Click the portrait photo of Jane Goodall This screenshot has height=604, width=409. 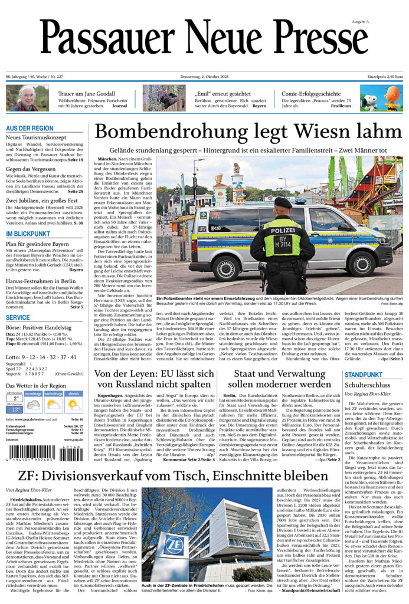click(x=27, y=98)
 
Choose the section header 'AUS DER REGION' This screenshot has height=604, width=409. click(x=30, y=128)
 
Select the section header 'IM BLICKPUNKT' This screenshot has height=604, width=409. click(x=28, y=234)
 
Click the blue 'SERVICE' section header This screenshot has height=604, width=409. click(x=18, y=317)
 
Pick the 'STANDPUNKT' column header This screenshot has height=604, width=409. click(x=363, y=375)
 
